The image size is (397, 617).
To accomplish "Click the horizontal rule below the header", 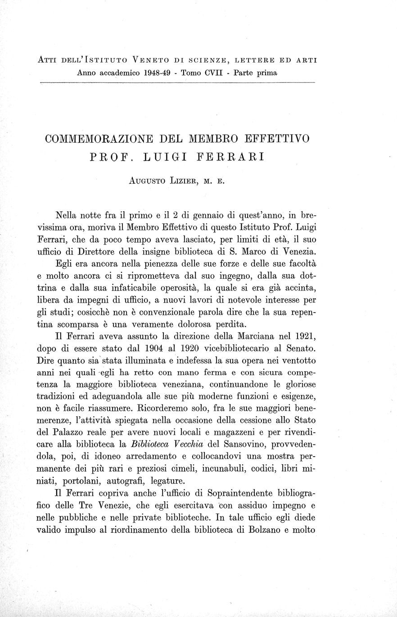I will tap(177, 83).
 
